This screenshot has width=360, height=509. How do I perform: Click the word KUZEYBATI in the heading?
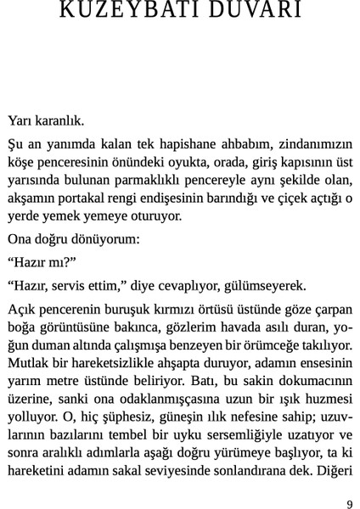click(x=114, y=10)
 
